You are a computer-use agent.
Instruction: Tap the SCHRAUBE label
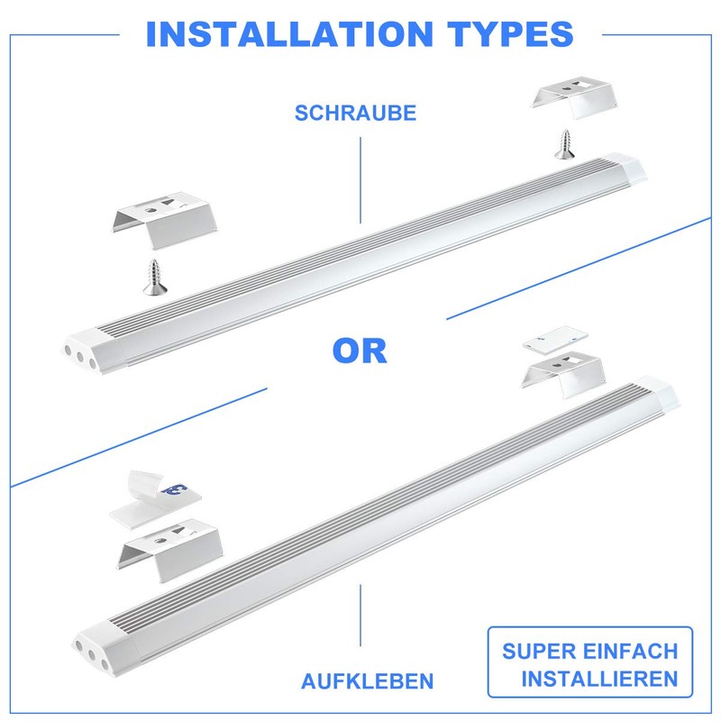tap(355, 114)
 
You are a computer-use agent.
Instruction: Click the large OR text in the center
tap(360, 350)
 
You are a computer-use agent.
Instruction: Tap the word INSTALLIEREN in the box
tap(600, 679)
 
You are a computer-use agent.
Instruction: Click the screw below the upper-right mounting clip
tap(565, 145)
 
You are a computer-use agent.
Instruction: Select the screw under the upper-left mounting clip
tap(153, 275)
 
